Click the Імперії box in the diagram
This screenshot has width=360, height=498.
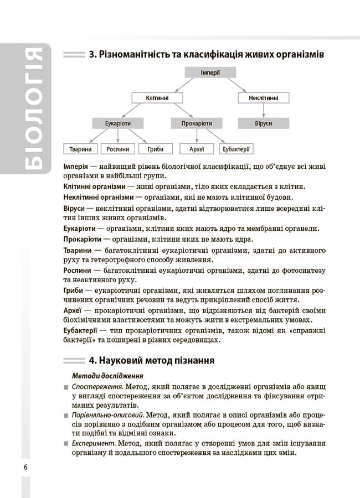tap(210, 72)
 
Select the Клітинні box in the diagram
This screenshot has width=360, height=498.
tap(157, 98)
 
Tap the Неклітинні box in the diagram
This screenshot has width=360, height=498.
tap(264, 98)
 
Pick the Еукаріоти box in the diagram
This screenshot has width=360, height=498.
tap(118, 123)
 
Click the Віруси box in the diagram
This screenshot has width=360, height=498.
tap(264, 123)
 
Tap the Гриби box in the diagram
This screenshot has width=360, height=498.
tap(152, 149)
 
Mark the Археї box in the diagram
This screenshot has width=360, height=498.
tap(197, 149)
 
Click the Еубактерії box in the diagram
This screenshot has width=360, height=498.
tap(237, 149)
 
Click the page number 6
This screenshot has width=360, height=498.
tap(25, 466)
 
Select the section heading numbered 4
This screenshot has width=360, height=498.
tap(151, 361)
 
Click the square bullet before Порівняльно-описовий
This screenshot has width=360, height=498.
tap(66, 416)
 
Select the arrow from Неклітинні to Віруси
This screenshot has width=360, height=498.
tap(264, 111)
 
